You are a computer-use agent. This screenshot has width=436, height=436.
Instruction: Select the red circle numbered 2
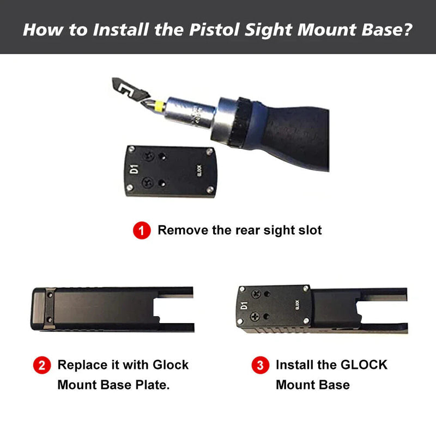click(42, 365)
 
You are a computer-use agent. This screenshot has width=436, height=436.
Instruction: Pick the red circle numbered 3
click(260, 365)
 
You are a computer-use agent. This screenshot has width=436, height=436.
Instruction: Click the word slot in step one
click(308, 230)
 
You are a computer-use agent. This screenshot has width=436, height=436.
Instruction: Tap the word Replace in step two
click(80, 365)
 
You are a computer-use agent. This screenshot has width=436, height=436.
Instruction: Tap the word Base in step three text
click(335, 385)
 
